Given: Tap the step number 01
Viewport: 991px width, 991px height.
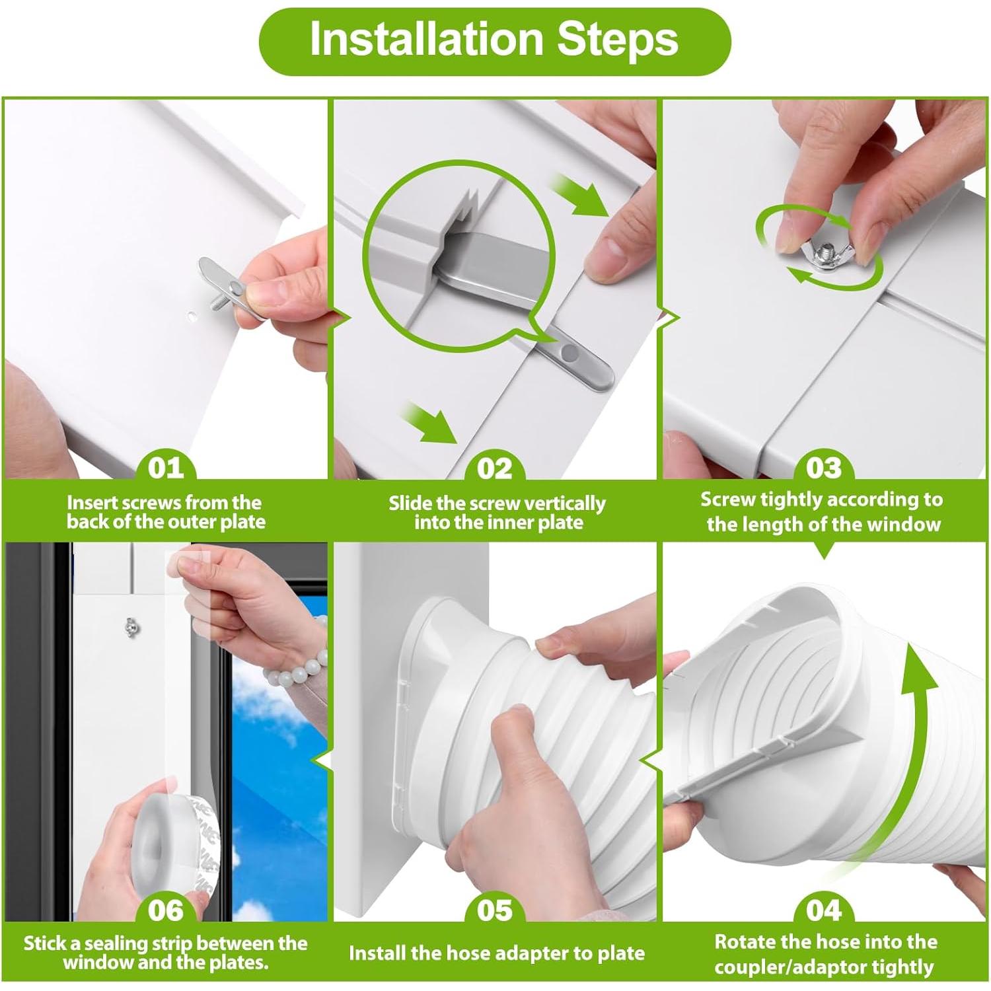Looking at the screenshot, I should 166,468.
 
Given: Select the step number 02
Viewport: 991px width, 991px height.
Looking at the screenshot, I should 494,468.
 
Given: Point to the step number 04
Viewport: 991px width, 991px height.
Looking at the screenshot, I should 824,910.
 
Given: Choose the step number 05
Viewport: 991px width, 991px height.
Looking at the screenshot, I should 494,910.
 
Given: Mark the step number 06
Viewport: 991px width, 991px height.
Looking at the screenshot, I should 166,910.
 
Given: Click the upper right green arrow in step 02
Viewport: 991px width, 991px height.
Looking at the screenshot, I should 581,195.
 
